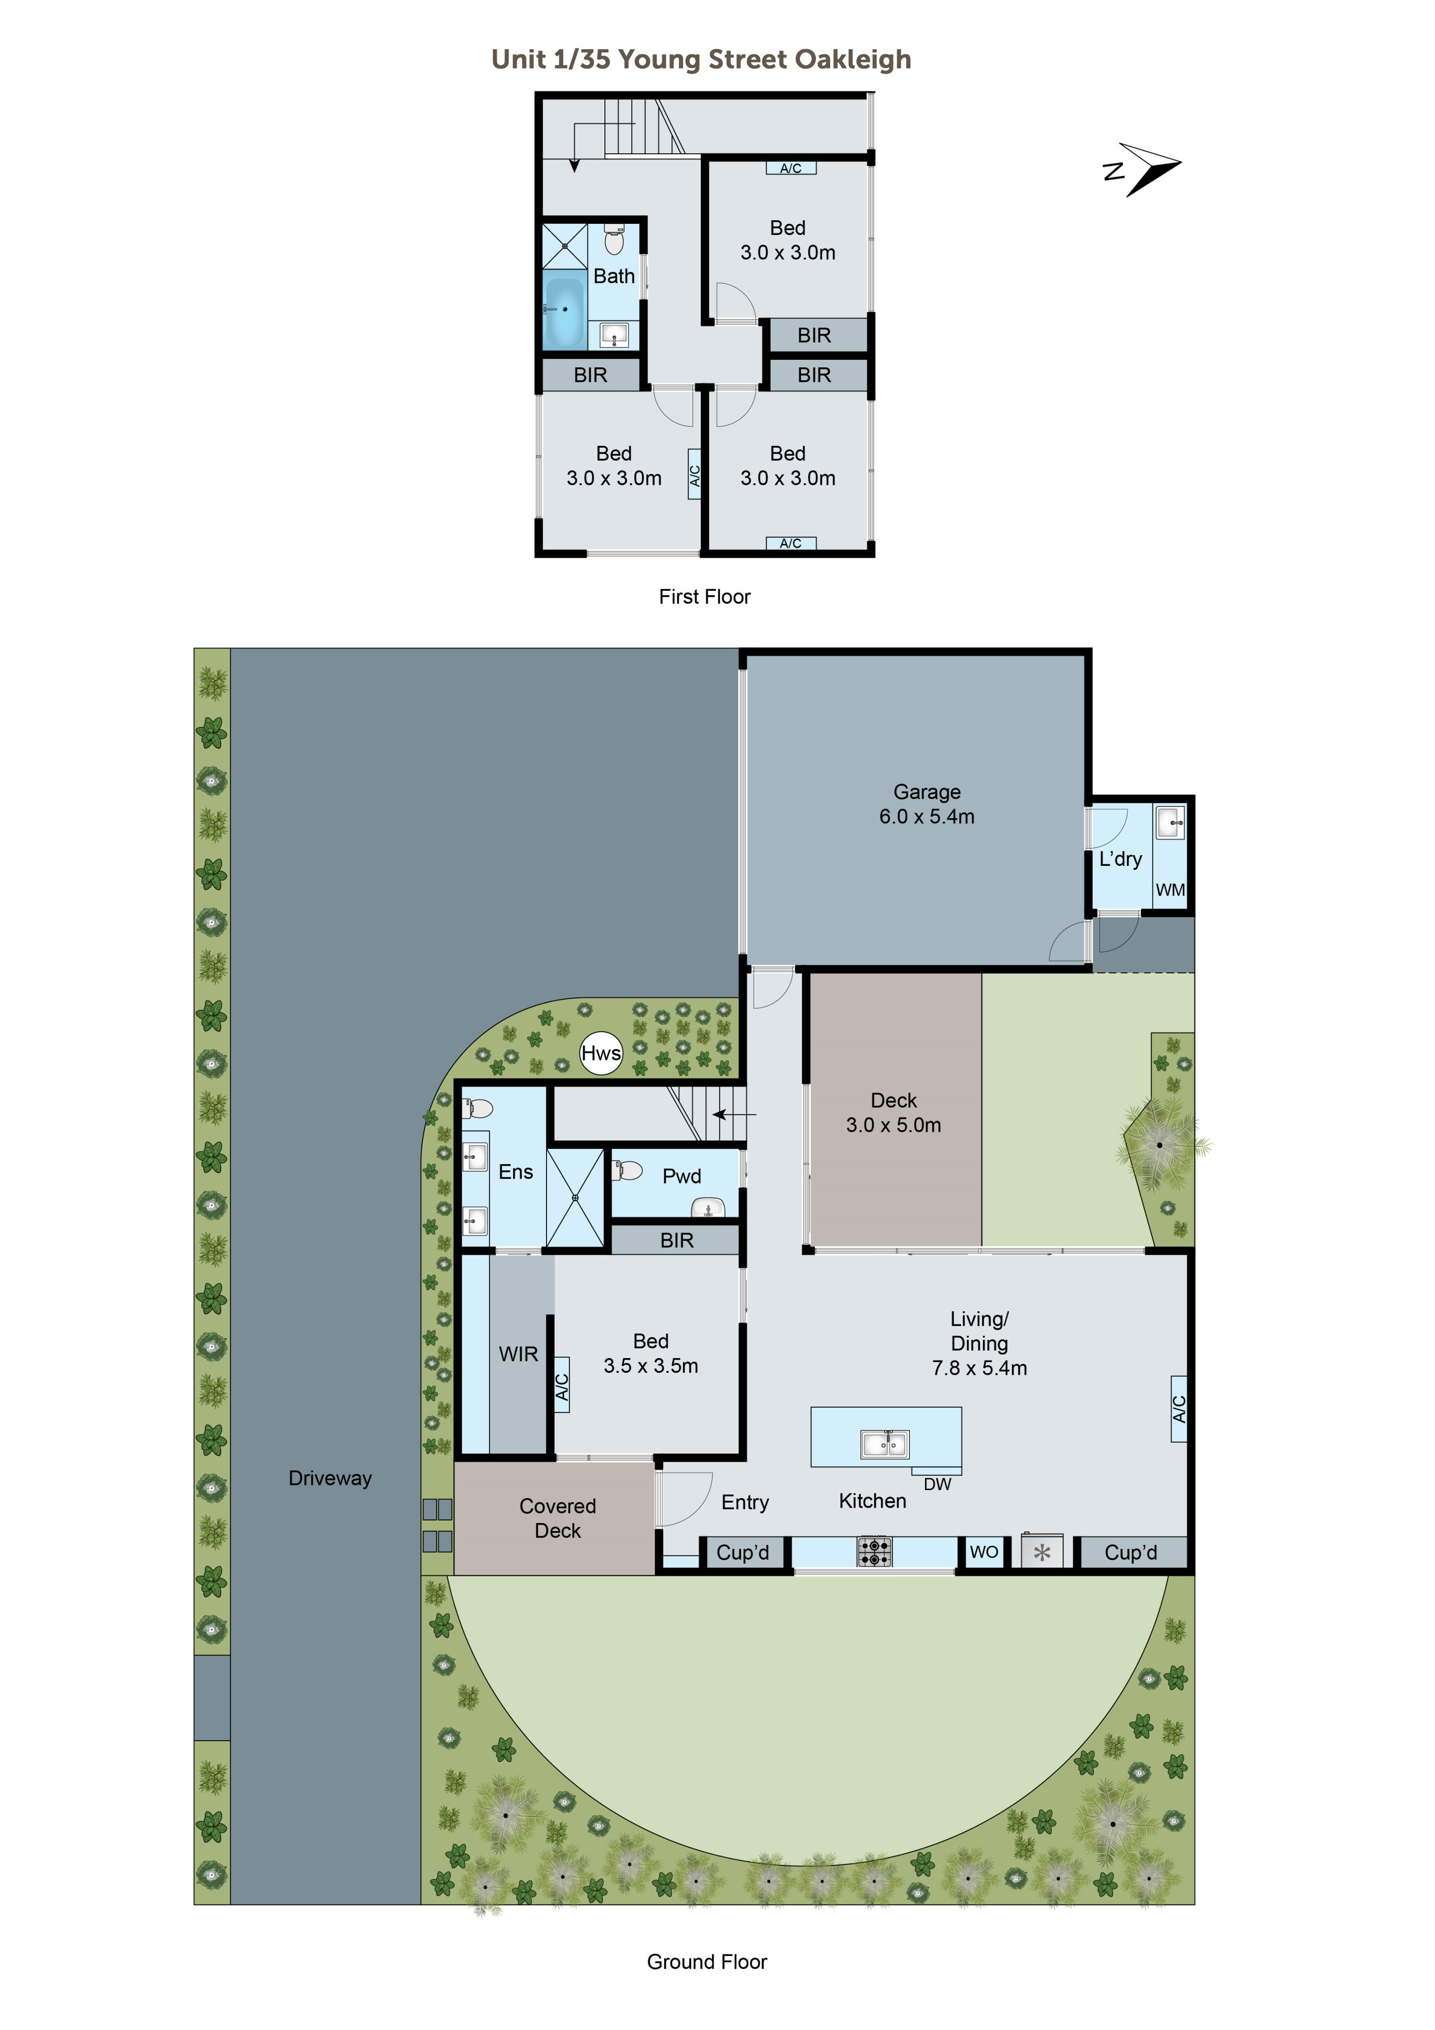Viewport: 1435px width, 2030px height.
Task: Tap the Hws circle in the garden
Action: coord(600,1053)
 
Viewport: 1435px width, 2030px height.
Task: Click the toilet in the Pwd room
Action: coord(629,1171)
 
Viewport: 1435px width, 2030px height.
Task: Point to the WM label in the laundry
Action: coord(1169,890)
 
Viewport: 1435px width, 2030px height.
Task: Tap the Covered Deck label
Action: coord(557,1518)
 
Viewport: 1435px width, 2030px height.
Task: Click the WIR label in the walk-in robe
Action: coord(518,1354)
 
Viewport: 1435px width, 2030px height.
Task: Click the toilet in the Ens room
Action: coord(479,1109)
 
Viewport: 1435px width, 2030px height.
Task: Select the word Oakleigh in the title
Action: coord(852,59)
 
